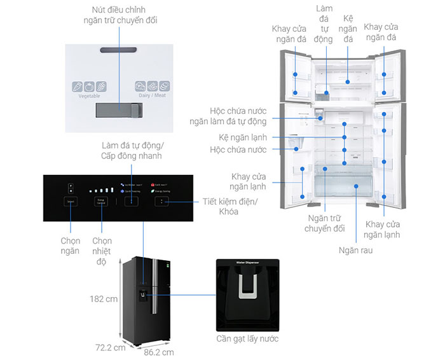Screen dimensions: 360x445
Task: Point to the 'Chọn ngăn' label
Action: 70,246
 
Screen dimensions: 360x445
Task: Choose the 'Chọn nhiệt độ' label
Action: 102,251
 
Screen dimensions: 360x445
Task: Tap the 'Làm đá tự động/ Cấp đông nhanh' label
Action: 131,151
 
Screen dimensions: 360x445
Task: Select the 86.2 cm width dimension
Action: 158,351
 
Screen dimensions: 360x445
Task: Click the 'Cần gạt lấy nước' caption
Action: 247,338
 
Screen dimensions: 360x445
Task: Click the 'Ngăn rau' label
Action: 355,250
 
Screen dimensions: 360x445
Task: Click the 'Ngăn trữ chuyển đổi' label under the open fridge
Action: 324,223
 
